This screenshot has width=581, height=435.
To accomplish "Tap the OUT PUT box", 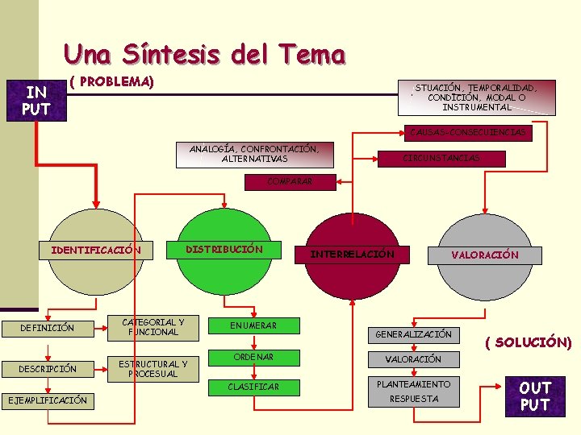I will point(535,396).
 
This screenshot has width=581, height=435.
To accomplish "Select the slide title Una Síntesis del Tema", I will point(204,54).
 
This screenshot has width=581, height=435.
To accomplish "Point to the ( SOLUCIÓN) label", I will point(529,342).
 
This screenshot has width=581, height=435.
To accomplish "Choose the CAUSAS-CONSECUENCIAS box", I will point(467,132).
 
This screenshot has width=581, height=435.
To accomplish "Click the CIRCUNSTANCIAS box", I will point(441,158).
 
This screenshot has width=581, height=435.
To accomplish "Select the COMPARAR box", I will point(289,182).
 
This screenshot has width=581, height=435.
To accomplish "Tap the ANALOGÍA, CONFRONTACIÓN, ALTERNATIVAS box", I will point(254,154).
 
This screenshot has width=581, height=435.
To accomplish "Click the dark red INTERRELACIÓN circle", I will point(353,253).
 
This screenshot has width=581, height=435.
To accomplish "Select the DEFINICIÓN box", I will point(48,328).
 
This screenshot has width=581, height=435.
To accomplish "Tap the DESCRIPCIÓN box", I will point(48,369).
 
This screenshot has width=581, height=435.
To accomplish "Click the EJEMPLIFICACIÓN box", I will point(48,400).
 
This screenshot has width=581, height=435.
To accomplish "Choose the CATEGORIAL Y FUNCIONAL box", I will point(153,327).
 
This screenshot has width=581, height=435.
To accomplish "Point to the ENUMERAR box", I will point(253,325).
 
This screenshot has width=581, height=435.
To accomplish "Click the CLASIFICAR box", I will point(253,387).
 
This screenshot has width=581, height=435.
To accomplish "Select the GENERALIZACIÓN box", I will point(413,333).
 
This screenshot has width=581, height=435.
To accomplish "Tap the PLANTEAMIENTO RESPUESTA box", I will point(413,391).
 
